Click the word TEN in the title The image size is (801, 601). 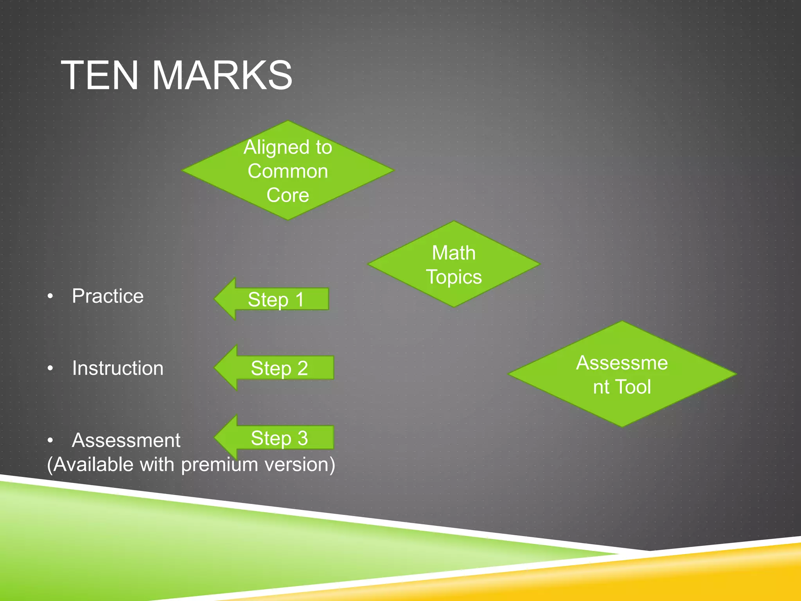(x=100, y=75)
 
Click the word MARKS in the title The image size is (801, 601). (x=222, y=75)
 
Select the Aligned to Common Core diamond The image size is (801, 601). (x=287, y=171)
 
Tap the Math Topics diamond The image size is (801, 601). (x=454, y=265)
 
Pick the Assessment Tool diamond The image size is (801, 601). (x=622, y=374)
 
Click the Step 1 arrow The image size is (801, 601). (x=274, y=299)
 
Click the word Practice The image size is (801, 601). (x=108, y=296)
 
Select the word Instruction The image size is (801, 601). (x=118, y=368)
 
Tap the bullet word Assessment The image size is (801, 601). (x=126, y=440)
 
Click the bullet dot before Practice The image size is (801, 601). (x=50, y=296)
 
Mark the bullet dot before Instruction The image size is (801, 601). (x=50, y=368)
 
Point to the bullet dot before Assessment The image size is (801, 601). (x=50, y=441)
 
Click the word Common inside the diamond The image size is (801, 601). (x=287, y=171)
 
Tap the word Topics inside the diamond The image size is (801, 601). (x=454, y=277)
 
